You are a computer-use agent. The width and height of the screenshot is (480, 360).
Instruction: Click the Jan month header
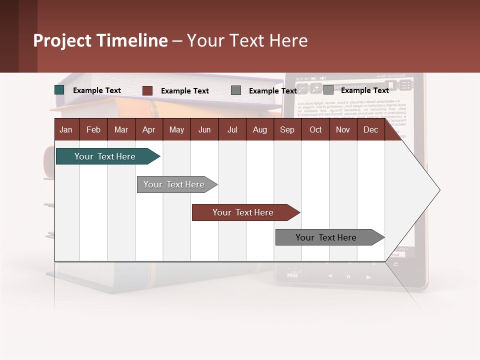coord(66,129)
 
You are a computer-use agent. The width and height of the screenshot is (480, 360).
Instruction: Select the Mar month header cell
coord(121,129)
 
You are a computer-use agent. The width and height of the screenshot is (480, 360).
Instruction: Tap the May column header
coord(176,129)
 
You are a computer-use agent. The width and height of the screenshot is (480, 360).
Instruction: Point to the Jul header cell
coord(232,129)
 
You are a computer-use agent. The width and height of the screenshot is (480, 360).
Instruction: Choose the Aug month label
coord(259,129)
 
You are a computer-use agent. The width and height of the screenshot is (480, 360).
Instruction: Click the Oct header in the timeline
coord(315,129)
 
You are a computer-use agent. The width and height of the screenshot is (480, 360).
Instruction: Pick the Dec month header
coord(370,129)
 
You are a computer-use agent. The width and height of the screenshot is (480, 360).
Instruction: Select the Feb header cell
coord(93,129)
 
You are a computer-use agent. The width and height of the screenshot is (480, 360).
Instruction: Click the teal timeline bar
coord(105,156)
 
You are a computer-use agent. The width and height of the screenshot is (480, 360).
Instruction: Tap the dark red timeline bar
coord(243,212)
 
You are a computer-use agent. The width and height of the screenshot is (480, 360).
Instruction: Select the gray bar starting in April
coord(174,184)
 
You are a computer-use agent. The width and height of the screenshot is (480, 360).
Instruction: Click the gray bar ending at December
coord(326,237)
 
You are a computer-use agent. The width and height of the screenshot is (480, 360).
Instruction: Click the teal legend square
coord(59,90)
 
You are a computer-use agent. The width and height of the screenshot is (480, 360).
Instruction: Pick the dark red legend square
coord(147,90)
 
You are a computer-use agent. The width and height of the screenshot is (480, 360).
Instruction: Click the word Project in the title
coord(62,40)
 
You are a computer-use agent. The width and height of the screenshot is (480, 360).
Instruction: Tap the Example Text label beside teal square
coord(97,90)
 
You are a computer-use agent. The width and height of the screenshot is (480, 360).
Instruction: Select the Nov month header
coord(343,129)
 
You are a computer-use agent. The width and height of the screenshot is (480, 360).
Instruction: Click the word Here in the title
coord(288,40)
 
